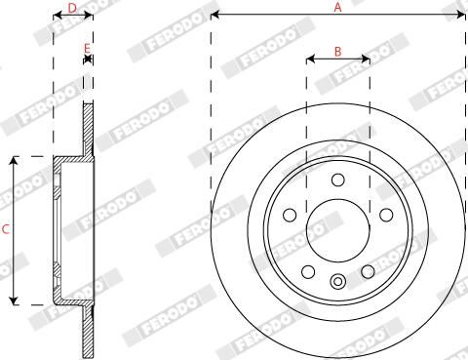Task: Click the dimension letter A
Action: tap(338, 8)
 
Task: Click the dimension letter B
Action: tap(337, 51)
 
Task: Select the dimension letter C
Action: tap(6, 230)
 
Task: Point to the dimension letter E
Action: tap(87, 48)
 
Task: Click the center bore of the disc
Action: tap(337, 230)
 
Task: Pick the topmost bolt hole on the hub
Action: tap(337, 180)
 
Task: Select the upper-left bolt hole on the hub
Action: tap(290, 215)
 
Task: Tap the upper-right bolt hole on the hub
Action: tap(385, 215)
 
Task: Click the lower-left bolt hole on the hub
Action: tap(308, 271)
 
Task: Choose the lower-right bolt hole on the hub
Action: tap(368, 271)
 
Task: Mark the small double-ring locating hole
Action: tap(337, 282)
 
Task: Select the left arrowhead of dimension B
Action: tap(310, 59)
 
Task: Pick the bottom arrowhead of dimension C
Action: tap(14, 300)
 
